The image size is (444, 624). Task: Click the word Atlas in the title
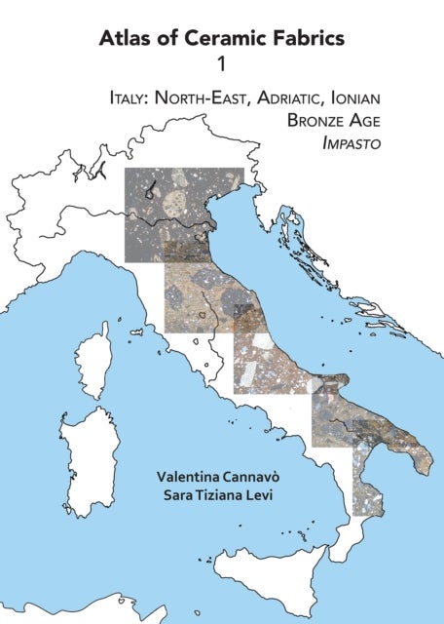tap(123, 39)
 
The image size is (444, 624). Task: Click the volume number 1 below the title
tap(221, 65)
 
